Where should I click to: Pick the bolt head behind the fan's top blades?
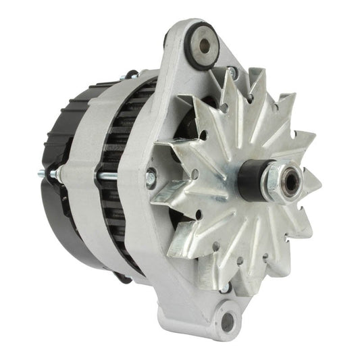click(x=232, y=74)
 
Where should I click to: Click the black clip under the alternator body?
click(x=122, y=276)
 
